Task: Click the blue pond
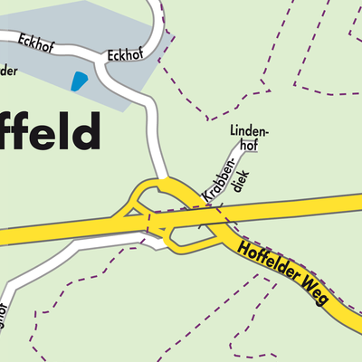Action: click(79, 82)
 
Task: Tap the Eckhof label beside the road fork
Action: click(124, 55)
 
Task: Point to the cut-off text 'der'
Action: click(8, 71)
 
